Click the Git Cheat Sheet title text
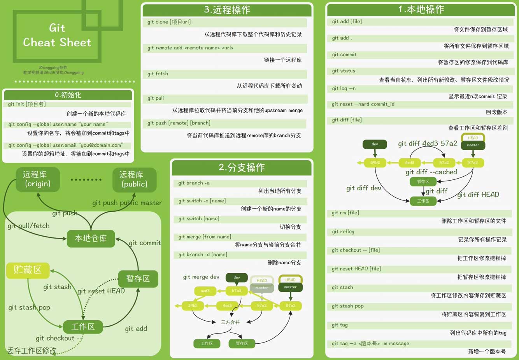pos(57,35)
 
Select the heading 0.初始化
pos(68,95)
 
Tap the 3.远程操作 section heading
pos(227,10)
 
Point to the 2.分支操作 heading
pos(242,167)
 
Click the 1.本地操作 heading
pos(421,9)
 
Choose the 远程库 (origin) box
pos(38,179)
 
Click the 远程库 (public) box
pos(134,179)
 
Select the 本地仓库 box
pos(91,238)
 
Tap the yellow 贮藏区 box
pos(28,270)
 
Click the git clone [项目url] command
pos(169,22)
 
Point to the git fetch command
pos(158,74)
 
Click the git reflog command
pos(343,232)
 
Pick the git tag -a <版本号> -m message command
pos(370,344)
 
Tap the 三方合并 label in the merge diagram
pos(230,322)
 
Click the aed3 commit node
pos(205,291)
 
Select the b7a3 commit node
pos(237,291)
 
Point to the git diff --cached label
pos(431,172)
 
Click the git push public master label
pos(127,203)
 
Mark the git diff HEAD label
pos(478,195)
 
